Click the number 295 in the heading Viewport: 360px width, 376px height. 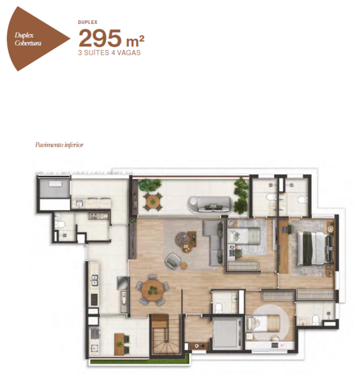[100, 38]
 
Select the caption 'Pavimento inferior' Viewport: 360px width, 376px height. [59, 145]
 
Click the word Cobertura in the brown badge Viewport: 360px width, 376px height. [28, 43]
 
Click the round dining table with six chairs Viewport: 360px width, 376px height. [153, 290]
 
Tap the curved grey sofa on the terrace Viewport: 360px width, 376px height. [210, 204]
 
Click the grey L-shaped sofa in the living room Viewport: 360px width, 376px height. [214, 243]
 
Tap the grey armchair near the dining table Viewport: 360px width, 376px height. [173, 260]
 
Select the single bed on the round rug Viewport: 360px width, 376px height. [263, 323]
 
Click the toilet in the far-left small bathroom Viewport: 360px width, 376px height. [60, 225]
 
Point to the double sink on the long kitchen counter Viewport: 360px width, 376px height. [94, 280]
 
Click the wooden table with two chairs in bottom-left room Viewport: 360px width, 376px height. [122, 344]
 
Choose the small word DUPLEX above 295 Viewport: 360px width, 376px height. [88, 22]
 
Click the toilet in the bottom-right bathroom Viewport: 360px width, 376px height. [316, 319]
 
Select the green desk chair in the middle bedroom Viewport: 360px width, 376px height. [238, 253]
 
